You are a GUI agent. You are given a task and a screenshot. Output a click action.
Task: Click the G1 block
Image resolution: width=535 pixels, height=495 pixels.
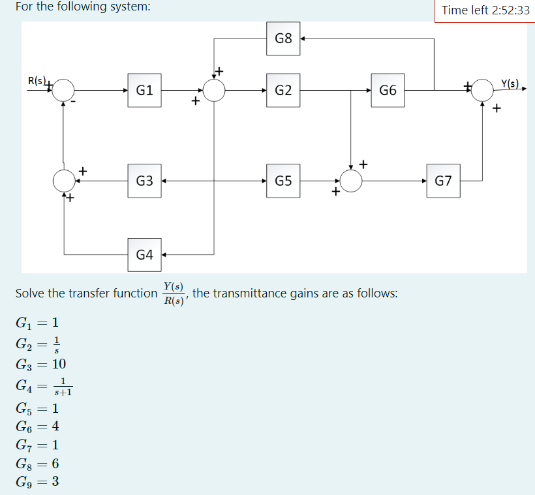tap(145, 90)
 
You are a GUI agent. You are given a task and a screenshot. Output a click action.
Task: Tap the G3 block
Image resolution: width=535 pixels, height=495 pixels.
tap(145, 181)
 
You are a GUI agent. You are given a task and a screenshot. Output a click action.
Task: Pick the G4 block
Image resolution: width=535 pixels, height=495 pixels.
tap(145, 254)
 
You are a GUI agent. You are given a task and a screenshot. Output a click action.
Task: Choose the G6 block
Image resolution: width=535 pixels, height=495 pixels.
tap(388, 90)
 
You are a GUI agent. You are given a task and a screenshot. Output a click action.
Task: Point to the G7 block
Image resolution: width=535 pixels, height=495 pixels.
tap(443, 181)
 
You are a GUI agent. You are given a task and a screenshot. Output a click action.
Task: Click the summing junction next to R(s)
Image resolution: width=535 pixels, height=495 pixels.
tap(63, 90)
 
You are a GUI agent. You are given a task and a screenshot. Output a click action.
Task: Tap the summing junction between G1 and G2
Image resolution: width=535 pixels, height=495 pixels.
tap(215, 90)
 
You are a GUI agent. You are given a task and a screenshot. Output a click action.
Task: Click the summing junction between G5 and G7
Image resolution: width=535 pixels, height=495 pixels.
tap(351, 181)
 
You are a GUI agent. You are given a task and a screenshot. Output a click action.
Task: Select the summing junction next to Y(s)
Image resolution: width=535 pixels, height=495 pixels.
tap(482, 90)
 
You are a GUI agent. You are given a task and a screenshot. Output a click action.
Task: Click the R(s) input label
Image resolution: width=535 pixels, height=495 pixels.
tap(37, 82)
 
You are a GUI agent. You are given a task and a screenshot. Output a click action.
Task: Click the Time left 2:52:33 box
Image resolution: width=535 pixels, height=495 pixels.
tap(485, 10)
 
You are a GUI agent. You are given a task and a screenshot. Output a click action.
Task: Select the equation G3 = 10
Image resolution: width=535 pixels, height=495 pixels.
tap(40, 363)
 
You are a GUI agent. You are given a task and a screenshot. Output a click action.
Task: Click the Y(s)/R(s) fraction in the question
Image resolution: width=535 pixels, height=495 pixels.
tap(174, 293)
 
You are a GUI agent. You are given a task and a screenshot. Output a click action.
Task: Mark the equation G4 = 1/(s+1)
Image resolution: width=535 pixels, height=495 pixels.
tap(44, 387)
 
